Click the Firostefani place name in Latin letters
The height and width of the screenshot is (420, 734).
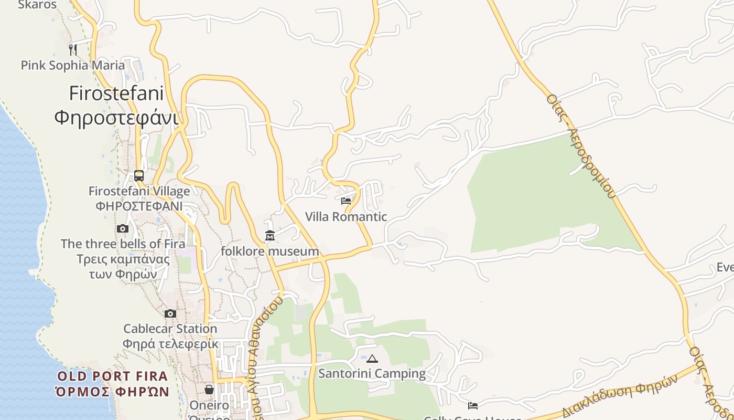pyautogui.click(x=116, y=93)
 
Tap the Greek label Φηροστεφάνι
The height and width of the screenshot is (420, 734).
pyautogui.click(x=116, y=117)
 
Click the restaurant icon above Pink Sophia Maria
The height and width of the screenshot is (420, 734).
pyautogui.click(x=73, y=49)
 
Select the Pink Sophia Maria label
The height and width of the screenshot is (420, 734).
pyautogui.click(x=73, y=65)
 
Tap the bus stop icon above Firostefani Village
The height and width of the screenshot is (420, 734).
pyautogui.click(x=139, y=175)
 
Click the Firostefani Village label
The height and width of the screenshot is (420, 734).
pyautogui.click(x=139, y=191)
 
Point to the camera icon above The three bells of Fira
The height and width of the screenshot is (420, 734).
pyautogui.click(x=123, y=228)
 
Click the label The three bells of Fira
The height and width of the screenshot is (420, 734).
pyautogui.click(x=123, y=244)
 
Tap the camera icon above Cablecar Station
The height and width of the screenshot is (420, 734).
pyautogui.click(x=170, y=313)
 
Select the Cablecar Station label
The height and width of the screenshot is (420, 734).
pyautogui.click(x=170, y=329)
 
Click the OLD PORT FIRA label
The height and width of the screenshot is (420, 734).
pyautogui.click(x=112, y=376)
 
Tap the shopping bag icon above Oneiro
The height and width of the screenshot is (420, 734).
pyautogui.click(x=209, y=389)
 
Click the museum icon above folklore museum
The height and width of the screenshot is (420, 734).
pyautogui.click(x=270, y=235)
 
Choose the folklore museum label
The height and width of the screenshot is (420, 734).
pyautogui.click(x=270, y=251)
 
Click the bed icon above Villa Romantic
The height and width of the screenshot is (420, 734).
pyautogui.click(x=346, y=201)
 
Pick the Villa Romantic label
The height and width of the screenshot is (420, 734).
pyautogui.click(x=346, y=216)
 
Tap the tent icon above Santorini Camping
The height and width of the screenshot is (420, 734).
pyautogui.click(x=372, y=359)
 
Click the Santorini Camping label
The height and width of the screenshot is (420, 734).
pyautogui.click(x=372, y=374)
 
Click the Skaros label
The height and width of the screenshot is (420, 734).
pyautogui.click(x=37, y=5)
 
